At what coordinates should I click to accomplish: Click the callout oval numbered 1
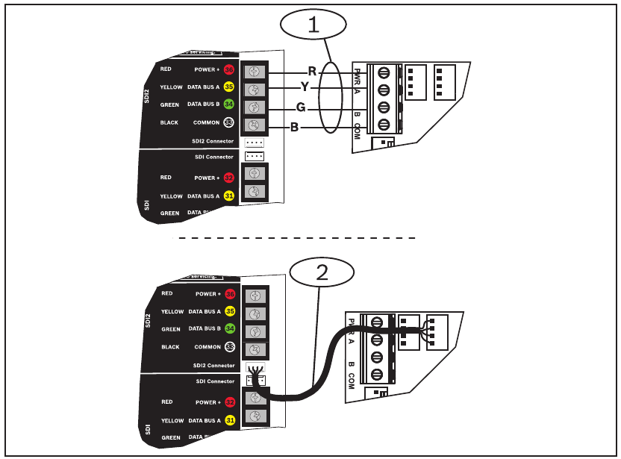click(x=313, y=24)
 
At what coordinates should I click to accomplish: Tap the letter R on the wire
click(x=312, y=72)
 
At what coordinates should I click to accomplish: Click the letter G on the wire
click(x=301, y=107)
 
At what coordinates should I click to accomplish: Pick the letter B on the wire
click(x=295, y=128)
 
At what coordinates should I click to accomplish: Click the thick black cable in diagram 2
click(x=313, y=381)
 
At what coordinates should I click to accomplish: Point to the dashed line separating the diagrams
click(x=295, y=238)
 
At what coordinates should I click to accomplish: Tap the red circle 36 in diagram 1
click(x=228, y=69)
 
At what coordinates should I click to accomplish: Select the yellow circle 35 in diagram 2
click(x=228, y=312)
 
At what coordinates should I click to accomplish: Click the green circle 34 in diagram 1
click(x=228, y=104)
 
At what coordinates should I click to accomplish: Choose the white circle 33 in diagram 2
click(x=228, y=347)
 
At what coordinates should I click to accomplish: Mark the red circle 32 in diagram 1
click(x=228, y=178)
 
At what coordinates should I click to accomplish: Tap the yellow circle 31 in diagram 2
click(x=228, y=421)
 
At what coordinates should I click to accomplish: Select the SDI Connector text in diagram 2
click(x=214, y=381)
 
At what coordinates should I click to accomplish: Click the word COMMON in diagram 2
click(x=206, y=347)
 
